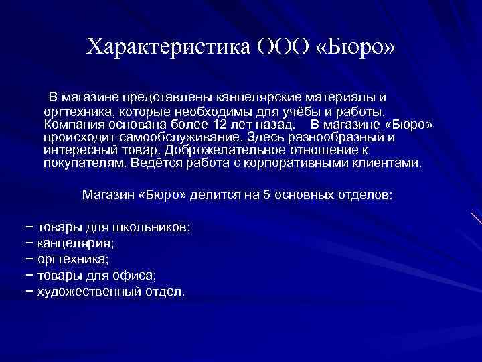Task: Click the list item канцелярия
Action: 75,243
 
